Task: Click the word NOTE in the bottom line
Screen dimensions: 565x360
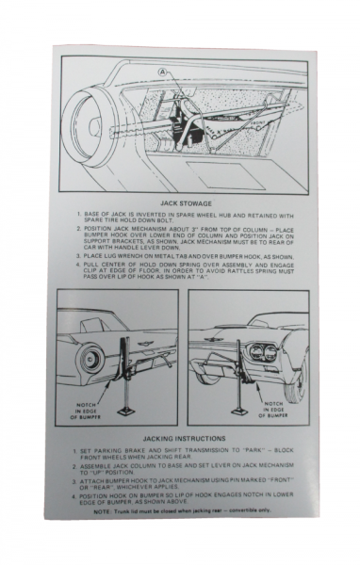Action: (x=105, y=509)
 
